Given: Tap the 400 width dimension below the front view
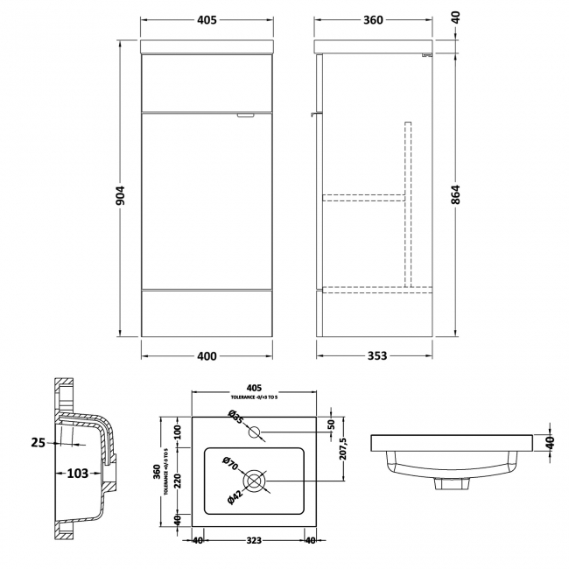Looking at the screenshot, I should tap(206, 356).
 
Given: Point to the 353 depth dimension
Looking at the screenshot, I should tap(375, 356).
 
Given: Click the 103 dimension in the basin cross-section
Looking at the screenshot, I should tap(77, 474).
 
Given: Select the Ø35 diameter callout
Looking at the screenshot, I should tap(235, 418).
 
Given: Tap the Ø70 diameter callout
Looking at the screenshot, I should tap(230, 464).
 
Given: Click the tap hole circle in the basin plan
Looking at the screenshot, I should tap(255, 432).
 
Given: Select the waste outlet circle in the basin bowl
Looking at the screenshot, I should tap(255, 481).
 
